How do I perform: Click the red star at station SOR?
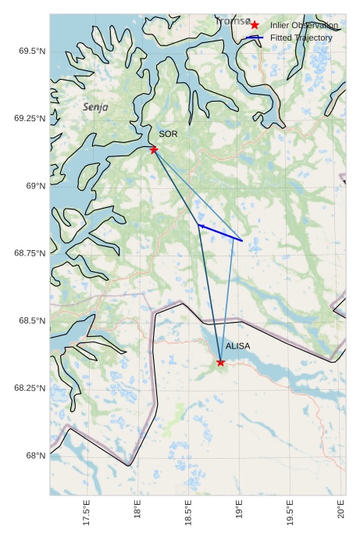pyautogui.click(x=154, y=149)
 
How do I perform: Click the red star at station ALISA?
pyautogui.click(x=220, y=362)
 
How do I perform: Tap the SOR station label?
pyautogui.click(x=168, y=134)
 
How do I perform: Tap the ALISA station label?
pyautogui.click(x=237, y=345)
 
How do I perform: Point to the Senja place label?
pyautogui.click(x=95, y=106)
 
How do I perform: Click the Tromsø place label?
pyautogui.click(x=233, y=22)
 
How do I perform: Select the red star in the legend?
pyautogui.click(x=255, y=26)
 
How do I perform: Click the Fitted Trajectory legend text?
pyautogui.click(x=301, y=38)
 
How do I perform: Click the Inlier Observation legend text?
pyautogui.click(x=304, y=26)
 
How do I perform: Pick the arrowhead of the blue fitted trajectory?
pyautogui.click(x=200, y=226)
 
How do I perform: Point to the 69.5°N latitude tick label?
pyautogui.click(x=31, y=51)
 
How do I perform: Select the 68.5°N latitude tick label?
pyautogui.click(x=31, y=321)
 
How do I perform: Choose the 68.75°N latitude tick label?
pyautogui.click(x=29, y=253)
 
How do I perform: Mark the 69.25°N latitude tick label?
pyautogui.click(x=29, y=118)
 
